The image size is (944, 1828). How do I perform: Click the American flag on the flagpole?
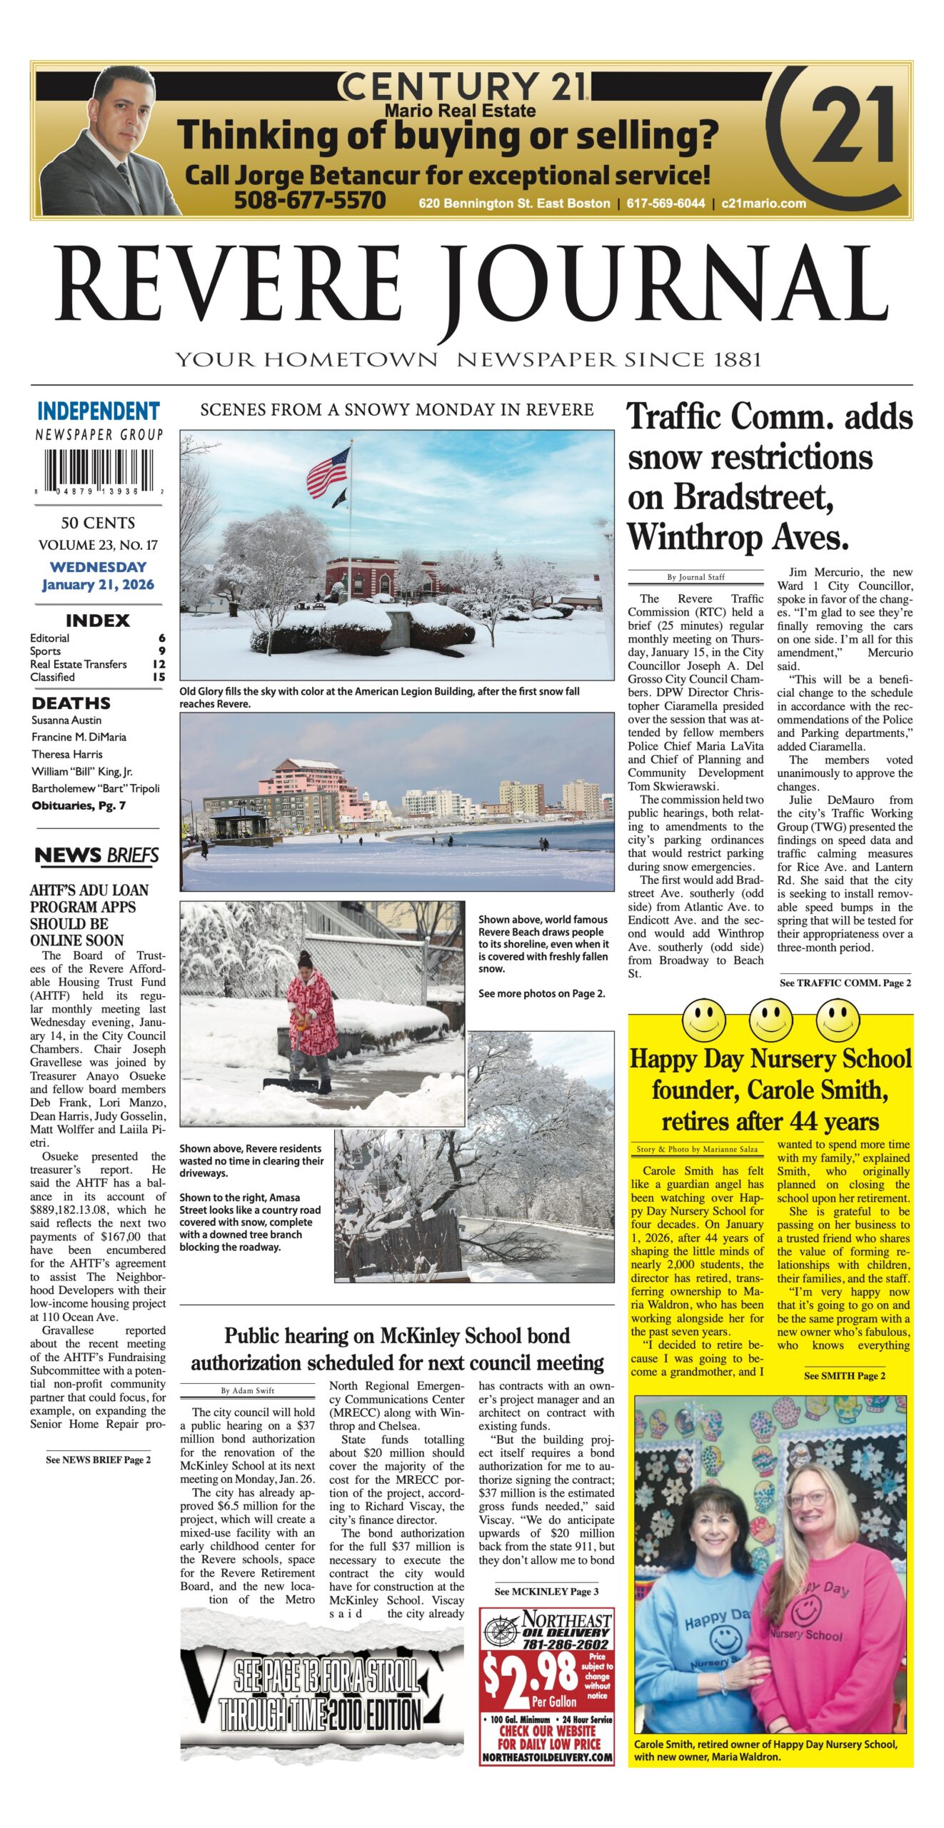[x=328, y=472]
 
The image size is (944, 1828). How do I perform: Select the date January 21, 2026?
[x=98, y=585]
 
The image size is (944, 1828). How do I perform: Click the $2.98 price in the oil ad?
[x=530, y=1674]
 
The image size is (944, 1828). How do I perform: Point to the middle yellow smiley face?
[x=770, y=1020]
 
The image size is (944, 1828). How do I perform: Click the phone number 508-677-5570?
[x=310, y=201]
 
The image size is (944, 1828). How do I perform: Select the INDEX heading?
[x=98, y=621]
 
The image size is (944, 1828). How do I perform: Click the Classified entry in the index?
[x=52, y=677]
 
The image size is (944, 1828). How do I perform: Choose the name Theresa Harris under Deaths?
[x=67, y=754]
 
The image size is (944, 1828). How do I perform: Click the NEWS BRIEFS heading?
[x=97, y=855]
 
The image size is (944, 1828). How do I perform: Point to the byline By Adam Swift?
[x=247, y=1390]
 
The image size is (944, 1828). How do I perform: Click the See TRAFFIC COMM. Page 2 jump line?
[x=845, y=983]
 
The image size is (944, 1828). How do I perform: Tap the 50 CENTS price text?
[x=98, y=523]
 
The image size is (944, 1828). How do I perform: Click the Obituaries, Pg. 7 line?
[x=79, y=805]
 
